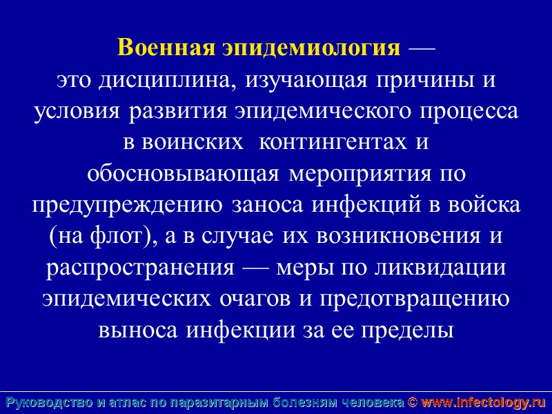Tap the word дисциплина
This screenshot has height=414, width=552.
click(163, 81)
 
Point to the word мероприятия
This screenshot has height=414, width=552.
click(353, 174)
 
